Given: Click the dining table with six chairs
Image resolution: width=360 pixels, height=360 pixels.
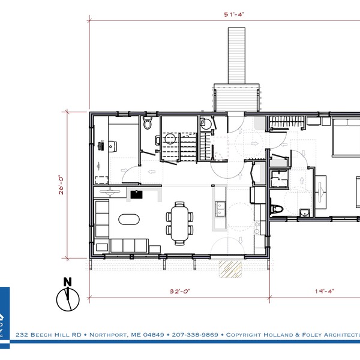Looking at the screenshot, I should point(179,223).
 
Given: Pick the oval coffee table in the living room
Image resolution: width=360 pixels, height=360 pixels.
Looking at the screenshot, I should point(128,219).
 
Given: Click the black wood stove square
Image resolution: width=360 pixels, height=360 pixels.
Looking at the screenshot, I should point(136,194).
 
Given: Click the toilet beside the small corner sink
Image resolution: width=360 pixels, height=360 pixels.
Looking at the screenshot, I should point(277,209).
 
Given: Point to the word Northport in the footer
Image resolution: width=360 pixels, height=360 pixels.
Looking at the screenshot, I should point(107,334).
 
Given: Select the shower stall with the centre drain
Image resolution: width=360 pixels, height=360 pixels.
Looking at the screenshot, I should point(278,179).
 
